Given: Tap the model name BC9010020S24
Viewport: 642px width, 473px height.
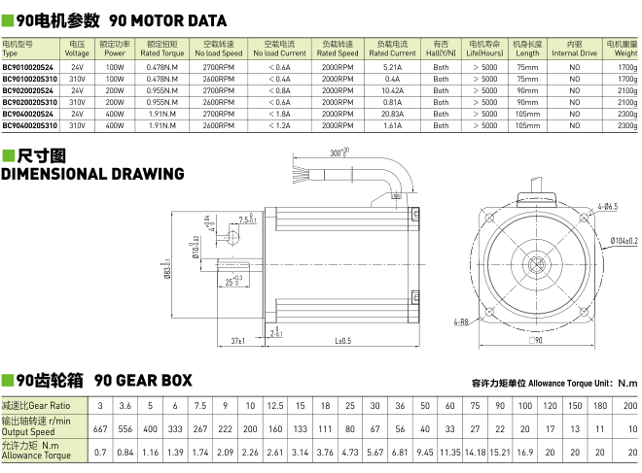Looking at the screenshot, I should point(30,68).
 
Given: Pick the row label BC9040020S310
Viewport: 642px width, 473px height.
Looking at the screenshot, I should point(31,125).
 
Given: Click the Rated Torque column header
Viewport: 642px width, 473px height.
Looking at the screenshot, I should point(163,49).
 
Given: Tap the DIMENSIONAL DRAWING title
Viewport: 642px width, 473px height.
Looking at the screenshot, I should point(92,174).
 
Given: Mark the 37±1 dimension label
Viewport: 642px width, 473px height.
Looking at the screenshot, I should point(238,341).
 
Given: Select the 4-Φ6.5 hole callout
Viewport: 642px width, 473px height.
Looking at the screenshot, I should point(610,206).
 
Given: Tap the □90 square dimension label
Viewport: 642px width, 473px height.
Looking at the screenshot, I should point(535,341).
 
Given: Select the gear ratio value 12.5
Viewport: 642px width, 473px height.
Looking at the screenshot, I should point(275,405).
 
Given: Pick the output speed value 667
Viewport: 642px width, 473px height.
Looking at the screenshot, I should point(100,428).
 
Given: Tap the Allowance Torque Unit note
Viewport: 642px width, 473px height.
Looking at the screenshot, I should point(553,383).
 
